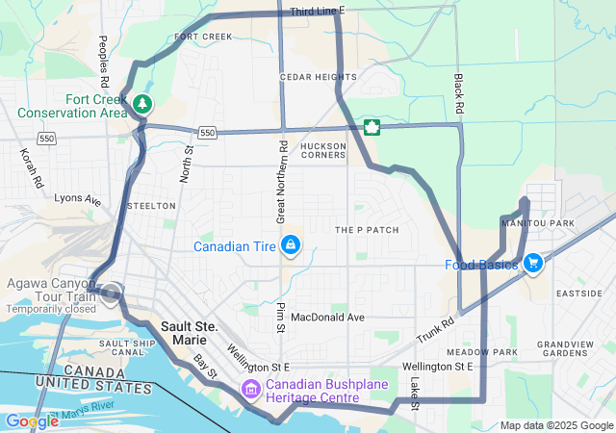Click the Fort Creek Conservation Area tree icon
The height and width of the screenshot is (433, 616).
tap(142, 103)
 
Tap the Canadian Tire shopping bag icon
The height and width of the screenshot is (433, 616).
tap(289, 246)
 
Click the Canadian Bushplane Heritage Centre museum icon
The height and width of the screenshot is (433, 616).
tap(251, 390)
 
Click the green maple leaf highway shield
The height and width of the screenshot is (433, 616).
tap(370, 127)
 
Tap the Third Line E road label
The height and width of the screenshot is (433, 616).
tap(317, 10)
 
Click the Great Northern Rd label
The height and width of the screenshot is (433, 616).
tap(283, 183)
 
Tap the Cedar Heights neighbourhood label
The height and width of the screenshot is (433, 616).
tap(311, 76)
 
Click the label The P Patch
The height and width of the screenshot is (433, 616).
tap(366, 230)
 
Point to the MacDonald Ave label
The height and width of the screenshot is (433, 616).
tap(327, 317)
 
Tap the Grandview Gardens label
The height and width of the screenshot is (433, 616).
tap(565, 348)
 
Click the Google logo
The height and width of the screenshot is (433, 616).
tap(32, 420)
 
